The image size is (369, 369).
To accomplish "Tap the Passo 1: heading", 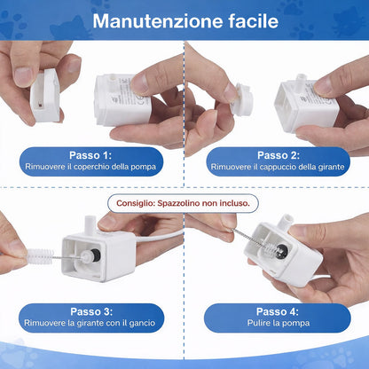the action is [90, 155].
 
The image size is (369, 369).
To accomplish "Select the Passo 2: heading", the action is [279, 155].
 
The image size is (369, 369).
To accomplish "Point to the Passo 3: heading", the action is [91, 311].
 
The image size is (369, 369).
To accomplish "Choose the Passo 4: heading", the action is [278, 311].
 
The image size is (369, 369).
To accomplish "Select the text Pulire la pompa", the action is [279, 323].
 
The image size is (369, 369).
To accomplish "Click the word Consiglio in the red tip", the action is [136, 203].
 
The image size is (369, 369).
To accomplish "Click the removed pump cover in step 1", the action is [45, 95].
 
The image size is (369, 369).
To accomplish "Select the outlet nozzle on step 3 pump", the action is [90, 224].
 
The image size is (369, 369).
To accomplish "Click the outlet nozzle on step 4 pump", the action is [284, 224].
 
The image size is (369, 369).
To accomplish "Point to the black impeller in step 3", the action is [95, 255].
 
